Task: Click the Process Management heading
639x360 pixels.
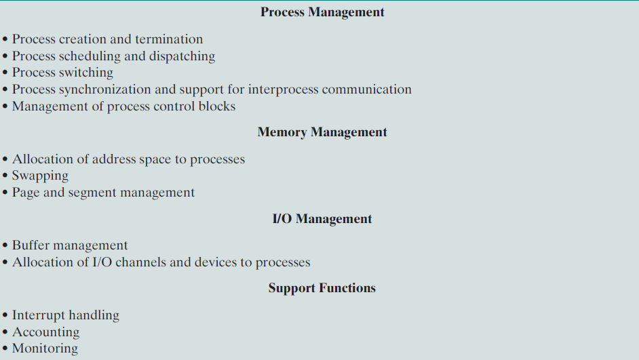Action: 322,12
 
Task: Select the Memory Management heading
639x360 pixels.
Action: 322,132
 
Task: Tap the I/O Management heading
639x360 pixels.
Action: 322,219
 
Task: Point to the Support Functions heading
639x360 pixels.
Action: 322,288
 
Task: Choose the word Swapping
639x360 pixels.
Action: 40,176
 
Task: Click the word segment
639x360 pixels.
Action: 92,193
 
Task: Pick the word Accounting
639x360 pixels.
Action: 45,332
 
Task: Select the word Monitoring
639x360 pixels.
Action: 45,349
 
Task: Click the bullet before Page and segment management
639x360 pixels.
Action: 5,193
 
